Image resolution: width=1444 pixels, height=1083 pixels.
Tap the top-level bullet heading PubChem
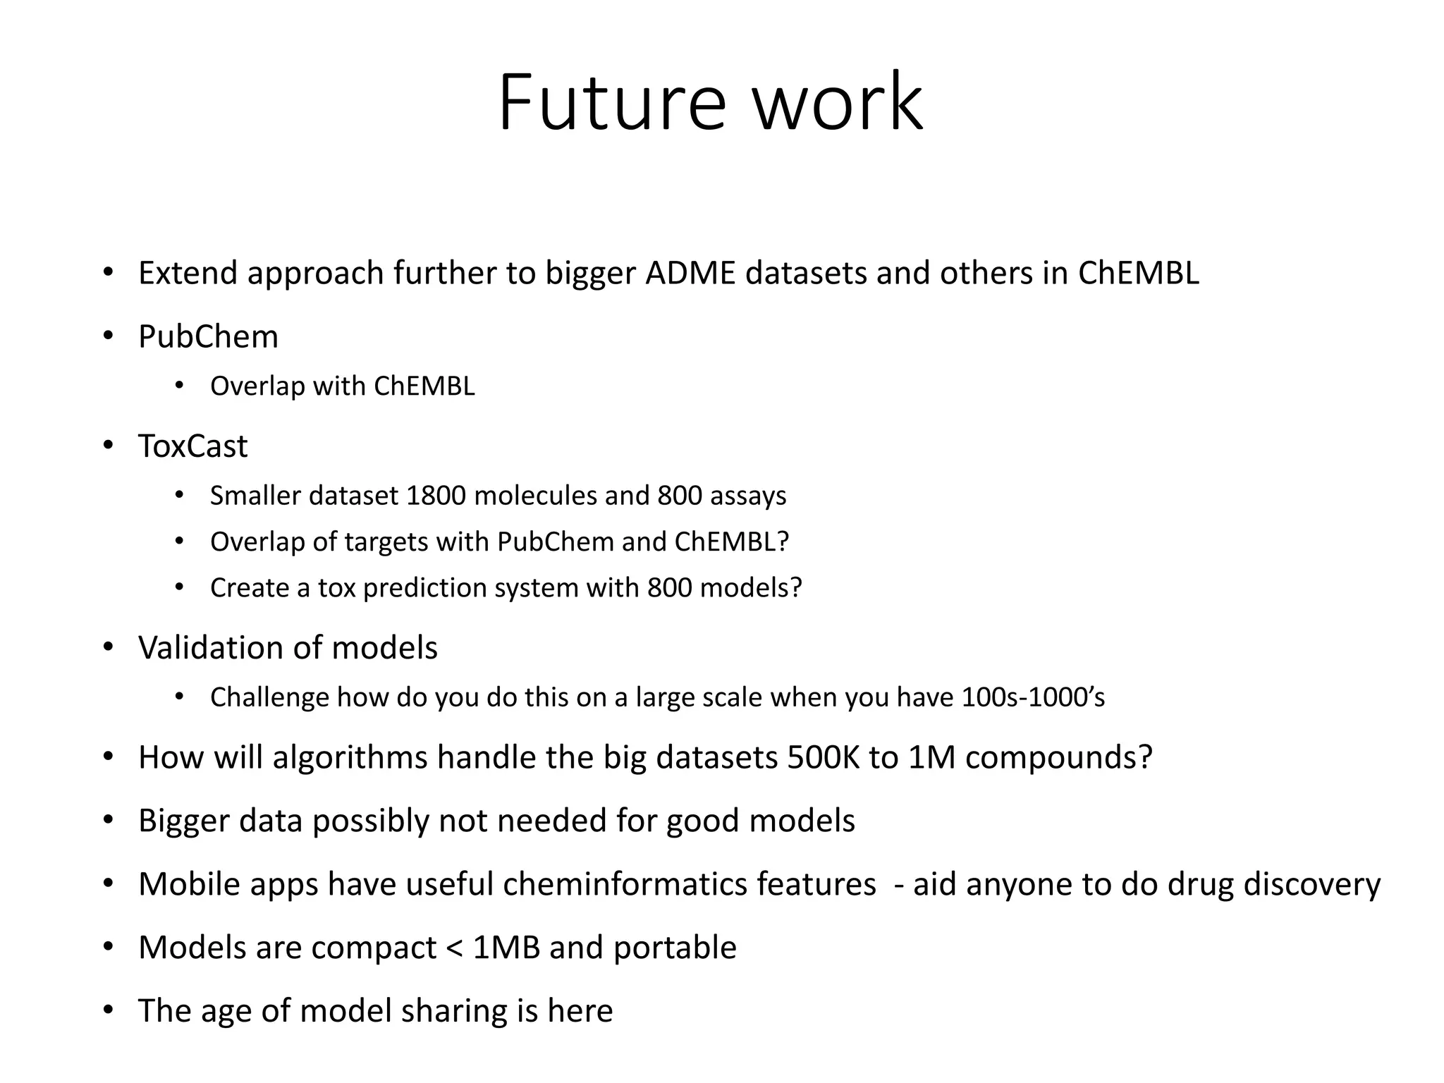pos(208,337)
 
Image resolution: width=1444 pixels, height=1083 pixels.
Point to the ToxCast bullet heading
pos(192,446)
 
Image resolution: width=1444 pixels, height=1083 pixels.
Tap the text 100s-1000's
pos(1033,697)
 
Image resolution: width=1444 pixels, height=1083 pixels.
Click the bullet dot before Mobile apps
pos(108,884)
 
